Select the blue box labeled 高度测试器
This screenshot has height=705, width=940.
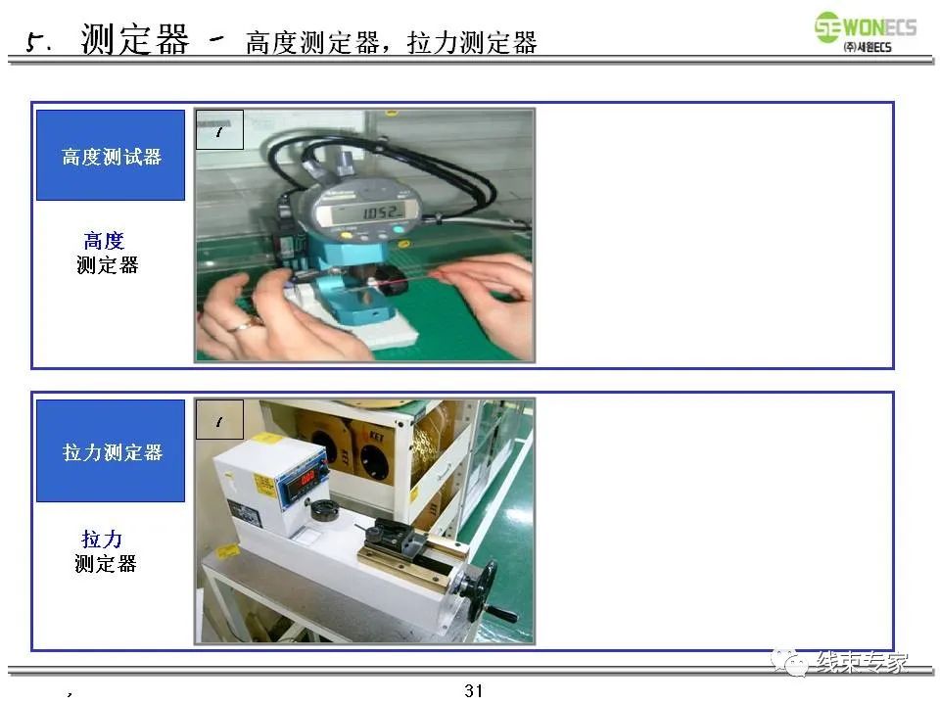[x=111, y=156]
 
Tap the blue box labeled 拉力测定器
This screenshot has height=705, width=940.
[x=111, y=451]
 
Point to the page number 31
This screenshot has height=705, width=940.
[x=474, y=690]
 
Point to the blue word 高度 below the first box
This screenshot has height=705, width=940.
[x=104, y=241]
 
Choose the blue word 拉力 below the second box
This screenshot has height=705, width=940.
[x=102, y=540]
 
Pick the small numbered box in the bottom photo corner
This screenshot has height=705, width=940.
[x=219, y=420]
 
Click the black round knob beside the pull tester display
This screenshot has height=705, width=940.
[x=323, y=510]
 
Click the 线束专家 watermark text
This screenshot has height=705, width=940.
[x=862, y=662]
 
